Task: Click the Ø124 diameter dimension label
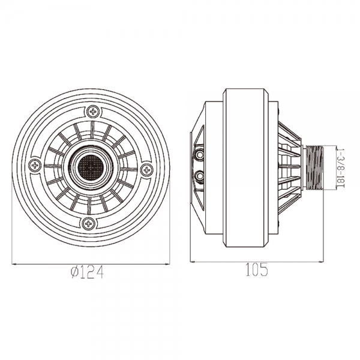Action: (87, 272)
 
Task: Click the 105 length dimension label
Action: (257, 269)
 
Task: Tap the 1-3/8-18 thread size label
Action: (341, 167)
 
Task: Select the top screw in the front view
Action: (93, 112)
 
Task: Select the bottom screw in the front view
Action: (88, 223)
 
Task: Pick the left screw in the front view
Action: (35, 165)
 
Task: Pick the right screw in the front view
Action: (146, 170)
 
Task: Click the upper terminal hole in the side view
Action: (199, 155)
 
